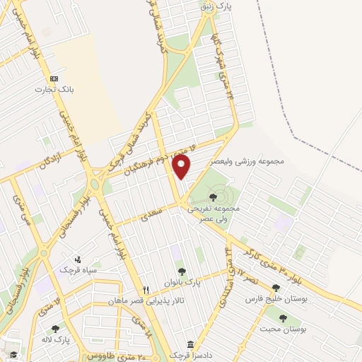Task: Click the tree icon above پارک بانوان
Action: [x=182, y=270]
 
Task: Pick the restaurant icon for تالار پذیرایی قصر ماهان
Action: [x=146, y=290]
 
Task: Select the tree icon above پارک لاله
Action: [x=55, y=329]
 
